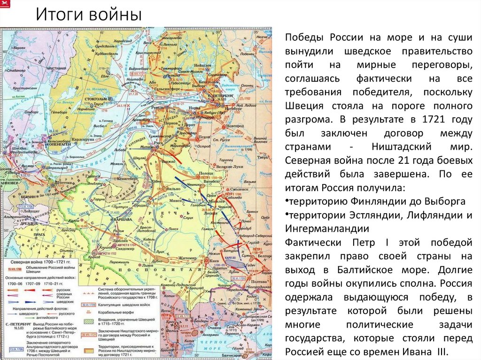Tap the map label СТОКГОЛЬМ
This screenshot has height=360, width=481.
click(97, 100)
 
